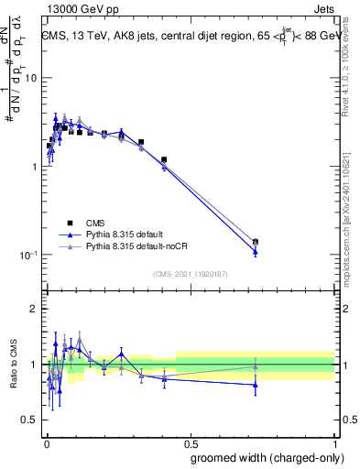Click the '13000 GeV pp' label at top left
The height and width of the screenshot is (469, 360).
[75, 7]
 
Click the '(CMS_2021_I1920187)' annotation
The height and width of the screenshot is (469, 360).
[191, 274]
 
